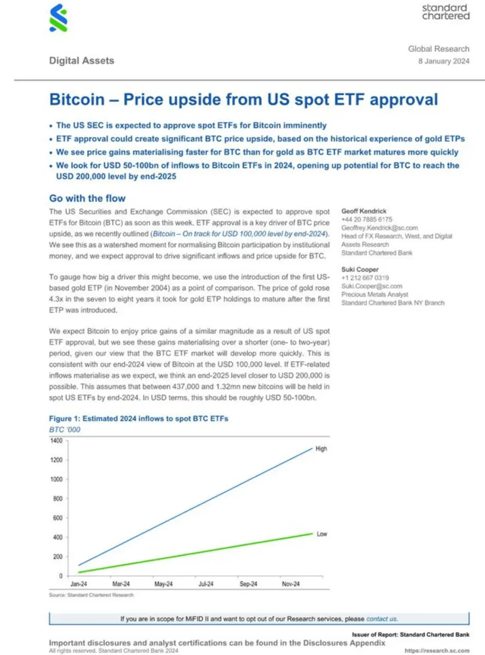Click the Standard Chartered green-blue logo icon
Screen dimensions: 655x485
tap(58, 18)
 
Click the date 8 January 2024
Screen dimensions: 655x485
tap(444, 61)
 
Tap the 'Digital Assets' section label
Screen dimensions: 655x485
tap(81, 61)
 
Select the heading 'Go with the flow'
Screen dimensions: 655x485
tap(87, 198)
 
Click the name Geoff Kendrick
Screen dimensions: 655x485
tap(364, 211)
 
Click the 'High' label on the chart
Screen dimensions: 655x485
tap(321, 449)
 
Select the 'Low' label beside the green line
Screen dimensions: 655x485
tap(322, 534)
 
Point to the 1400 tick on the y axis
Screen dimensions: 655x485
tap(56, 440)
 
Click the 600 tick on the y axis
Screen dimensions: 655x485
tap(58, 518)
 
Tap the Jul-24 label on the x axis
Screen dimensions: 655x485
tap(206, 583)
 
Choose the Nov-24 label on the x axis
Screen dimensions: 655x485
tap(291, 583)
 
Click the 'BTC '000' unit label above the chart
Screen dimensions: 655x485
tap(65, 430)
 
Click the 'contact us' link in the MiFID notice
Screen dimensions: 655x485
tap(381, 619)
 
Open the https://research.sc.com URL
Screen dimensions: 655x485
tap(437, 650)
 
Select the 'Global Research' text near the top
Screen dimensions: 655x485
tap(438, 49)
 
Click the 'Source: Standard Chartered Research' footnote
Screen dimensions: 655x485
tap(91, 595)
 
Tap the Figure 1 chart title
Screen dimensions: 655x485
tap(138, 419)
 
